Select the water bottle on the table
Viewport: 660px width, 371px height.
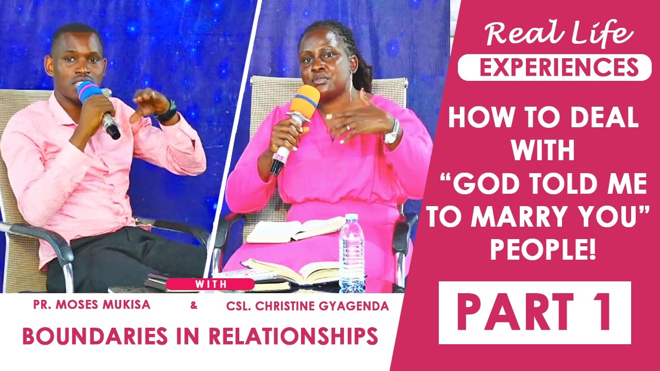(x=352, y=252)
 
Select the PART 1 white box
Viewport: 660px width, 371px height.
(x=535, y=312)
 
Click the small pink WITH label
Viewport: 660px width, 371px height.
(x=210, y=284)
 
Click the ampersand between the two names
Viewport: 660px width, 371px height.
(x=194, y=306)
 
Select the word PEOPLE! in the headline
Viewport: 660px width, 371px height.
(x=543, y=252)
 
